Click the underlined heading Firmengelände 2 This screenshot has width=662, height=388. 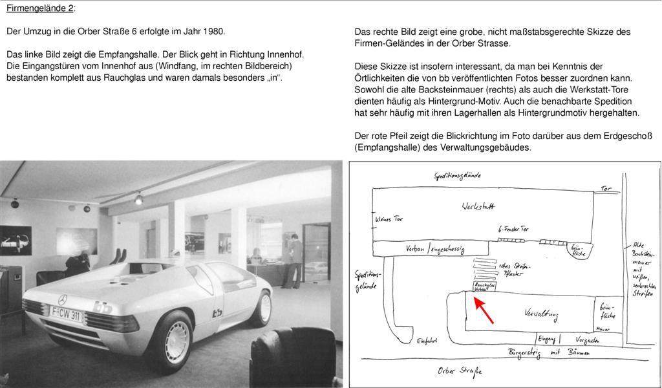point(40,8)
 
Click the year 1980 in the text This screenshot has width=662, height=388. point(214,31)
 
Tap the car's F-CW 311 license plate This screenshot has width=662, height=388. point(65,316)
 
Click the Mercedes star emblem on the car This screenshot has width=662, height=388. point(63,300)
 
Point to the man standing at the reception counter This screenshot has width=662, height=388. point(294,261)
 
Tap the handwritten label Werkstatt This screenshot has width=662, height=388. point(478,206)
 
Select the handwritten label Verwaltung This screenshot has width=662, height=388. point(542,314)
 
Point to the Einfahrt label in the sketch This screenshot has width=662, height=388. point(427,341)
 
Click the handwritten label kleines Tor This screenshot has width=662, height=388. point(389,219)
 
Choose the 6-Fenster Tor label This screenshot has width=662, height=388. point(514,230)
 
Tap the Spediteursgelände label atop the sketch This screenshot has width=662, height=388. point(457,175)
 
